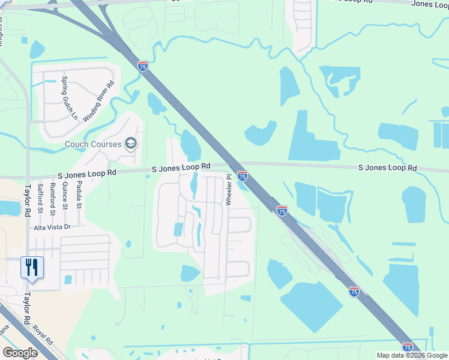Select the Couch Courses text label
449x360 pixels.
tap(93, 144)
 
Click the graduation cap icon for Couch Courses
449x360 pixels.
tap(131, 143)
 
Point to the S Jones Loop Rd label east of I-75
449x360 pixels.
tap(387, 169)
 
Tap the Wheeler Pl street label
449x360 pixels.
tap(229, 190)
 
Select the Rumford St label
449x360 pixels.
tap(53, 199)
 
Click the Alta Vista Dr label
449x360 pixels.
tap(52, 227)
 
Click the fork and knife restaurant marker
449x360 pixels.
tap(32, 267)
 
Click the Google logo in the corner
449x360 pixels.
tap(20, 353)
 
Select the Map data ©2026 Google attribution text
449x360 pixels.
tap(412, 355)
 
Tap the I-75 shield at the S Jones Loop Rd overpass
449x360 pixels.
tap(243, 175)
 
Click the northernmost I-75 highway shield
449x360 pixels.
tap(143, 66)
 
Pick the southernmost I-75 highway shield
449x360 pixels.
tap(408, 347)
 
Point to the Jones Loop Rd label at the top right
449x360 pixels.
tap(429, 4)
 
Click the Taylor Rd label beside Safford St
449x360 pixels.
tap(27, 200)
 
